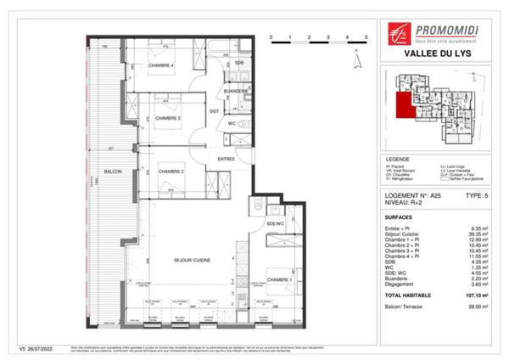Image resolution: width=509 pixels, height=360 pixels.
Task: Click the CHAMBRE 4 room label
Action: [x=161, y=66]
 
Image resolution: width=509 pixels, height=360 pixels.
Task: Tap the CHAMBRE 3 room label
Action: [x=168, y=118]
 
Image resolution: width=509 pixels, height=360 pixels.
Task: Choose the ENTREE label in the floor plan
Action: [x=226, y=159]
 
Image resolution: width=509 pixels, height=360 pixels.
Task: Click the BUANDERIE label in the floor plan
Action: [x=236, y=90]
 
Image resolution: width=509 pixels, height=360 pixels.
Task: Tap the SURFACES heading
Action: [x=400, y=216]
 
